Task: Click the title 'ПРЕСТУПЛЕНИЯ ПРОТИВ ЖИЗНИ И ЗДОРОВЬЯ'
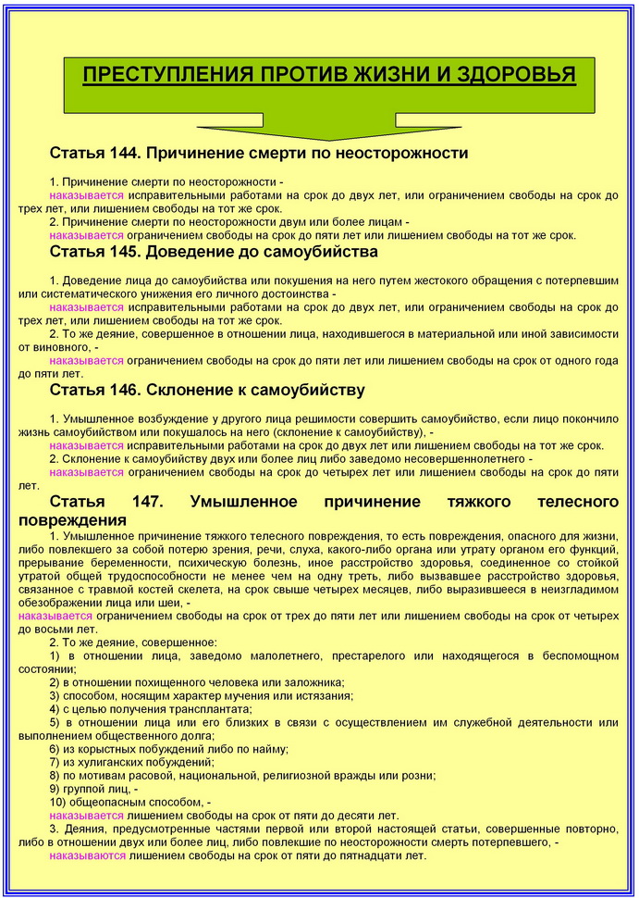[x=329, y=75]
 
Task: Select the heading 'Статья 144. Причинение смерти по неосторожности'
[x=259, y=153]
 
